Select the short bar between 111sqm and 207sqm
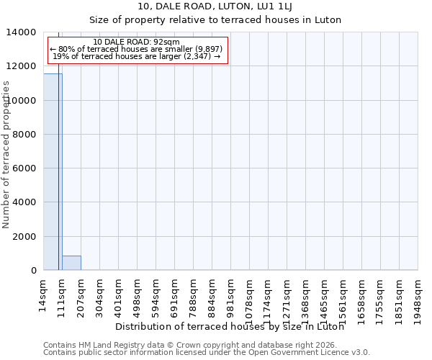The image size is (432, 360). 71,263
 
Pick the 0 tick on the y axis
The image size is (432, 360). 33,270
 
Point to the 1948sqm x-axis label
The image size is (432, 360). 418,300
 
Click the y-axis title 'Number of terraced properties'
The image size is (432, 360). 6,154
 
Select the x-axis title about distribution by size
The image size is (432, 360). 230,327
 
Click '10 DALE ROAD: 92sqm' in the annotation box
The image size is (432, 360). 137,42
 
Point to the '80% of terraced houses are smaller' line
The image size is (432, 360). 137,49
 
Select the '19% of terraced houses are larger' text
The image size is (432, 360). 137,56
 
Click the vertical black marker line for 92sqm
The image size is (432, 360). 58,180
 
